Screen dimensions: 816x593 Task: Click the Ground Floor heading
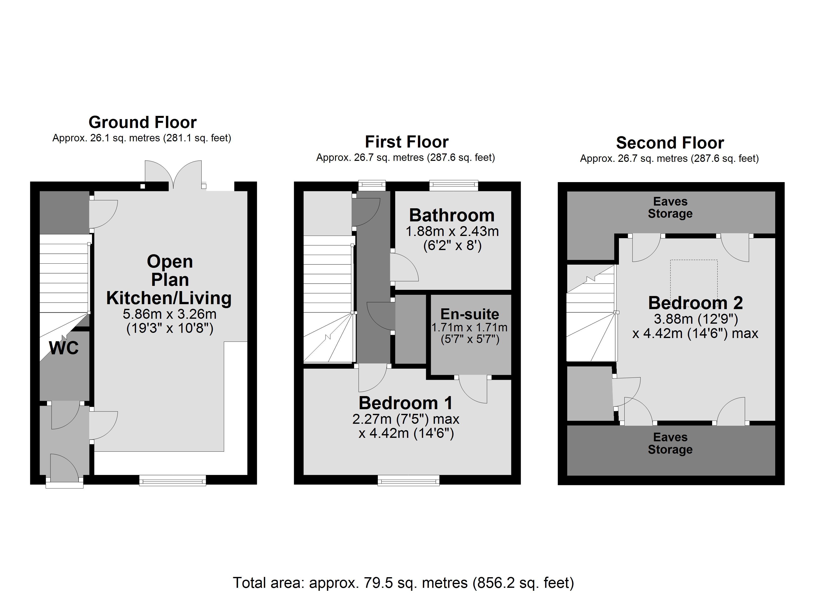142,122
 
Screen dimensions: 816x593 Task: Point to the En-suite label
470,314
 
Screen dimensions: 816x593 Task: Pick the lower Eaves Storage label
670,443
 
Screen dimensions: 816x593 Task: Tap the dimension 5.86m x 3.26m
169,314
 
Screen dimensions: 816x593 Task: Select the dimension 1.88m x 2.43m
452,231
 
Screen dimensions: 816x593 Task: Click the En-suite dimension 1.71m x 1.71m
470,327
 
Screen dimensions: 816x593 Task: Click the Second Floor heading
670,143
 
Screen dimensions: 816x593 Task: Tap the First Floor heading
407,142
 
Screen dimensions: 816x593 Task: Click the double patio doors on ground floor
173,175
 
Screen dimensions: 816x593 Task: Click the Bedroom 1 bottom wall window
408,480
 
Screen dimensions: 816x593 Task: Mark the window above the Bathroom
454,186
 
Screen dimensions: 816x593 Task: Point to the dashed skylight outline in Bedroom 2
694,284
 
